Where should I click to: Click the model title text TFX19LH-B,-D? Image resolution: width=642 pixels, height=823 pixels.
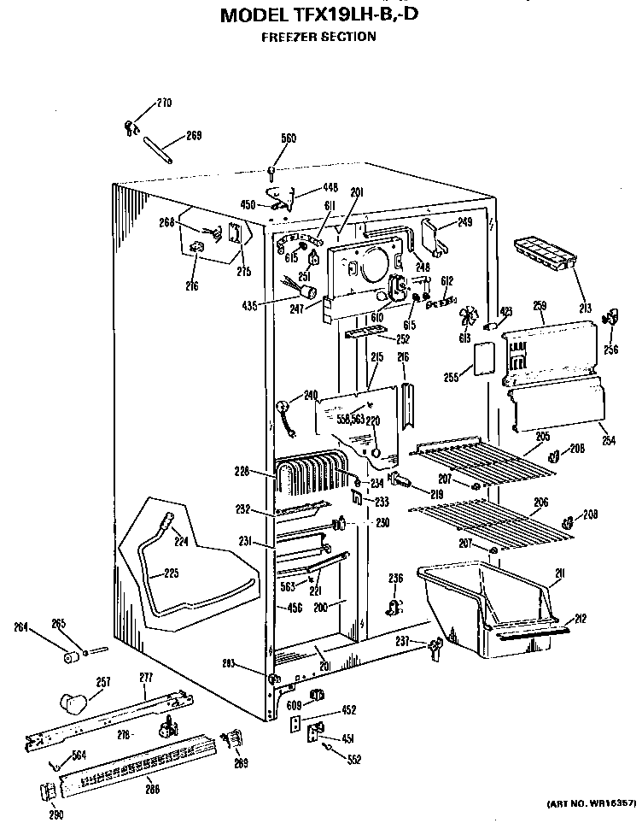319,15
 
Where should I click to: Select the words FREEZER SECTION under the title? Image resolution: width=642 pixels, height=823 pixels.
319,37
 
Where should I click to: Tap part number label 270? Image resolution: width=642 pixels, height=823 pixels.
163,103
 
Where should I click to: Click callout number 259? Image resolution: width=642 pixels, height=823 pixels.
539,305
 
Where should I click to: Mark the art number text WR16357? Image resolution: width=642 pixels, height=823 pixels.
588,804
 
